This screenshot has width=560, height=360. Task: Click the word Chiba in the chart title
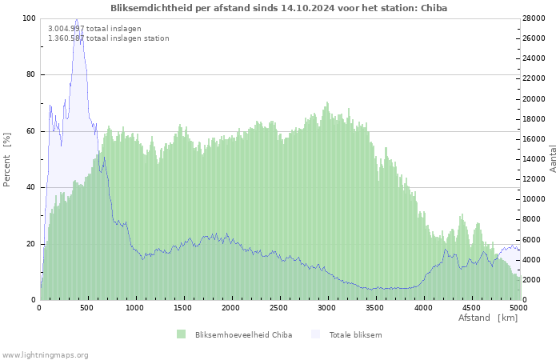click(x=434, y=8)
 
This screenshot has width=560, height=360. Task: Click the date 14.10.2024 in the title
click(x=308, y=8)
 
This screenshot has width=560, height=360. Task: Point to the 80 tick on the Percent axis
click(x=30, y=74)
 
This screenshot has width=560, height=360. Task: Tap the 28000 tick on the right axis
click(x=534, y=18)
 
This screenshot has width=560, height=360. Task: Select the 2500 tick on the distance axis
click(x=278, y=308)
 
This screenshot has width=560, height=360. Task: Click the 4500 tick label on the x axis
click(x=471, y=308)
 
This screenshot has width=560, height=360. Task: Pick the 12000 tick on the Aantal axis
click(x=534, y=179)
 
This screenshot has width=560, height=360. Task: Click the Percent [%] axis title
click(x=6, y=160)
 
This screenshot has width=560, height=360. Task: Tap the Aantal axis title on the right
click(x=553, y=159)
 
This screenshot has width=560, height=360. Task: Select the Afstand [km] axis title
click(x=488, y=318)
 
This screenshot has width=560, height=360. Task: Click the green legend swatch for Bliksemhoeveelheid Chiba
click(x=181, y=334)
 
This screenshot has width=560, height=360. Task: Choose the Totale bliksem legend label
click(x=355, y=335)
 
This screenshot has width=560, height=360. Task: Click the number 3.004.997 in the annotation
click(x=66, y=29)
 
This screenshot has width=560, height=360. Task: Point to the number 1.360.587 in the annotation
click(x=66, y=38)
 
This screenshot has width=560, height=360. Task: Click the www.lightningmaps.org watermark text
click(x=44, y=355)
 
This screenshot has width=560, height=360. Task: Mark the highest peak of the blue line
click(x=77, y=19)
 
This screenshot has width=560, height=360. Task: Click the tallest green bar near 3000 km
click(x=326, y=201)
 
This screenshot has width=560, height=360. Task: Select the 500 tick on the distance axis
click(x=86, y=308)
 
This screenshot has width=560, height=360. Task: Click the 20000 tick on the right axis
click(x=534, y=99)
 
